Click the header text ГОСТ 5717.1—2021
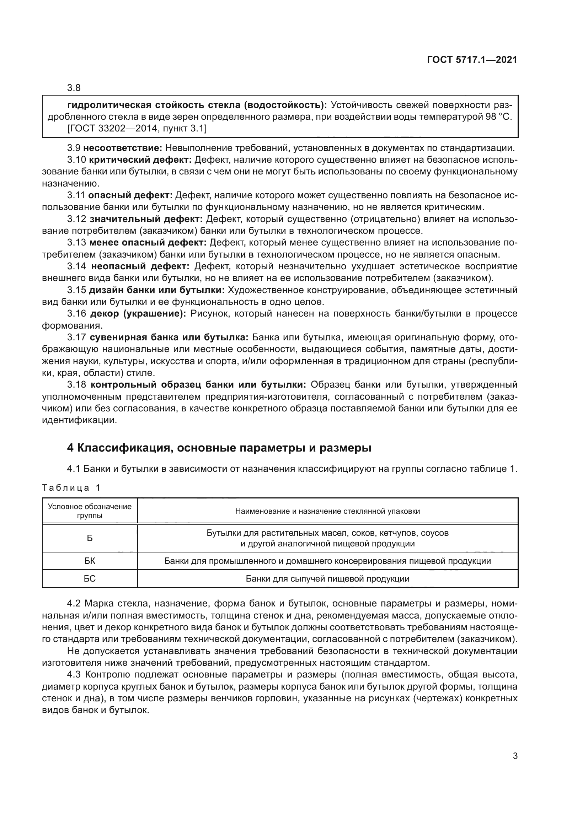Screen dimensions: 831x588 click(x=472, y=60)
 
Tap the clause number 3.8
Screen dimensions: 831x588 click(x=74, y=88)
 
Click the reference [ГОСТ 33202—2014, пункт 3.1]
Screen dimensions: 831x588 click(x=137, y=129)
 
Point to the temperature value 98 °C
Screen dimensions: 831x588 click(x=498, y=117)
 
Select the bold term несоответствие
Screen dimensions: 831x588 click(x=122, y=148)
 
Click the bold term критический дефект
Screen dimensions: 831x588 click(x=140, y=160)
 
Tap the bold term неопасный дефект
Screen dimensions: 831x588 click(x=140, y=266)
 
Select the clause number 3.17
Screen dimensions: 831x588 click(x=76, y=337)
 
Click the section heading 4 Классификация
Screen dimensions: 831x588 click(x=219, y=448)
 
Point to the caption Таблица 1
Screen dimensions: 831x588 click(x=71, y=488)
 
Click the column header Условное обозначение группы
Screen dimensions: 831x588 click(x=90, y=511)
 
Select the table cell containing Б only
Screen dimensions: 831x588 click(x=90, y=538)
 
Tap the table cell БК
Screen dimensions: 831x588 click(x=90, y=561)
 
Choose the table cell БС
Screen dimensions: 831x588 click(x=90, y=578)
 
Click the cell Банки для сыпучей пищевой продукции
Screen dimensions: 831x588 click(x=327, y=578)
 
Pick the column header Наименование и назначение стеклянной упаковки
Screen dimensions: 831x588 click(x=327, y=511)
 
